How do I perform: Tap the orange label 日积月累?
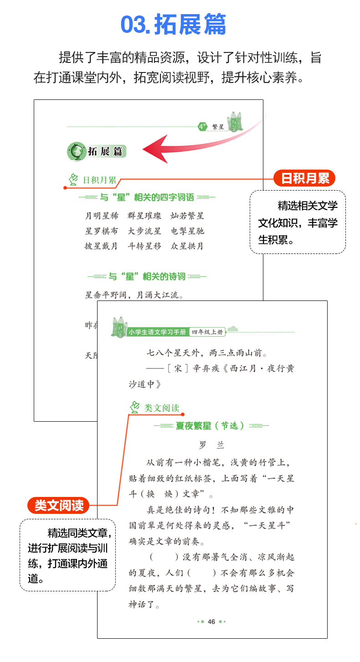304,178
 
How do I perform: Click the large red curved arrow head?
155,150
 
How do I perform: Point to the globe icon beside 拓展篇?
76,151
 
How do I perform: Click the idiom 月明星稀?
101,216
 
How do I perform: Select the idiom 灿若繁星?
187,216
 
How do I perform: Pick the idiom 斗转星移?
144,246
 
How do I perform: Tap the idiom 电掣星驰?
187,231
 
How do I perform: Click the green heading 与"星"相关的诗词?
147,276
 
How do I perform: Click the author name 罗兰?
211,445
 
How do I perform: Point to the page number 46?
211,621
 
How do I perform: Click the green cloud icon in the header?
232,329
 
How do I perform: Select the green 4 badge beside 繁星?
202,127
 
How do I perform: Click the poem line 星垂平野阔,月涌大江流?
134,295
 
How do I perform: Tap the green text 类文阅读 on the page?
162,408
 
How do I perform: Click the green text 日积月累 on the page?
99,180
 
